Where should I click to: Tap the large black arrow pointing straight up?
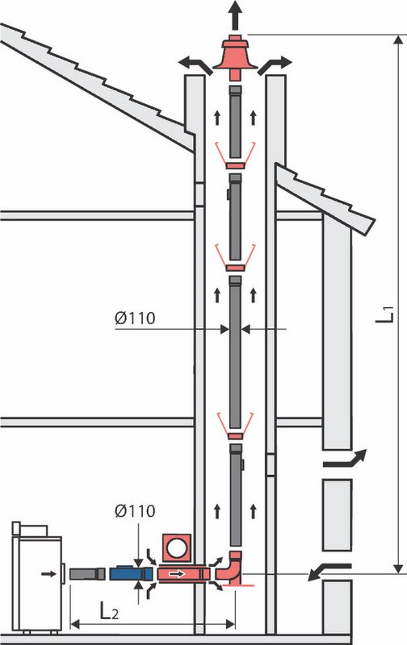click(235, 15)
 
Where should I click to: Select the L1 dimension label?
click(385, 314)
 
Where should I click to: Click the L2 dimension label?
click(109, 612)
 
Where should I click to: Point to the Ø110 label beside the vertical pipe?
click(135, 318)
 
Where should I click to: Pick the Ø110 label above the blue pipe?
click(135, 511)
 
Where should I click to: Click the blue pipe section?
click(131, 573)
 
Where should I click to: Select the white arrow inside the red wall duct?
click(177, 573)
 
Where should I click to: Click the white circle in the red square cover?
click(177, 547)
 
